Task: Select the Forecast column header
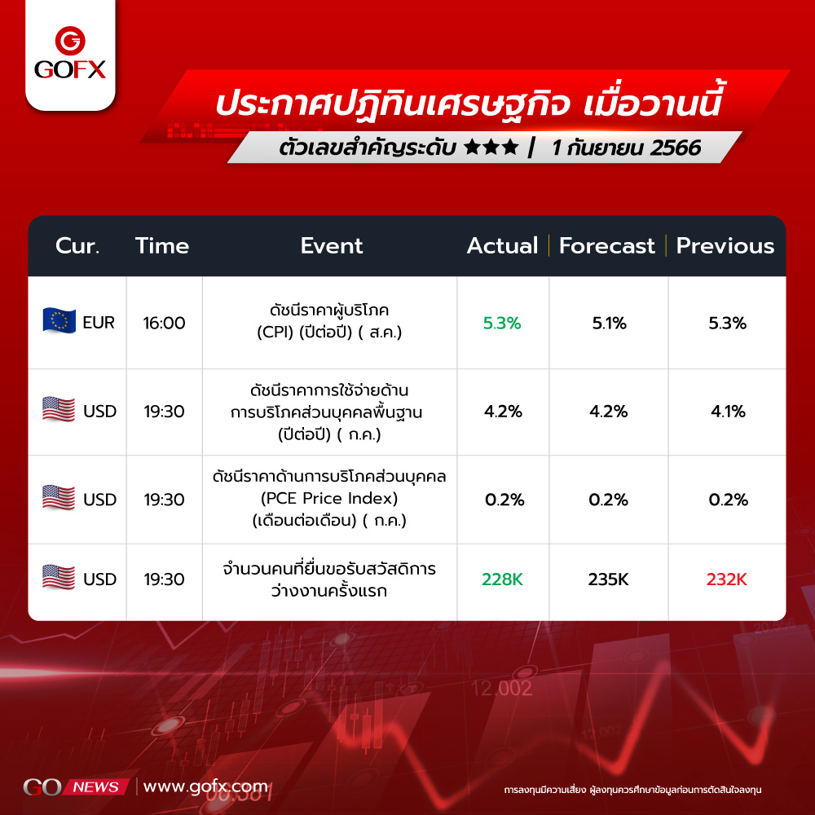point(606,246)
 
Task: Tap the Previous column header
point(725,246)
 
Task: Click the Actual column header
point(502,246)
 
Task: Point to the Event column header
point(332,246)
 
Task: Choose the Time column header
point(162,246)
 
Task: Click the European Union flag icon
point(59,320)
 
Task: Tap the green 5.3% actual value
point(501,324)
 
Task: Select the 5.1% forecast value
point(609,324)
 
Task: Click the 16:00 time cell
point(165,324)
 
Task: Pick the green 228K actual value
point(502,579)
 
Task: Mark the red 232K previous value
point(727,579)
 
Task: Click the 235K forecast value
point(608,579)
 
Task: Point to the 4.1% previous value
point(728,412)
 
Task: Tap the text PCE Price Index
point(329,499)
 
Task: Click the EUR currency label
point(99,323)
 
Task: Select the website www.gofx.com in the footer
point(206,787)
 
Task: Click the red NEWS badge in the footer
point(95,787)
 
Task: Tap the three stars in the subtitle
point(491,148)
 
